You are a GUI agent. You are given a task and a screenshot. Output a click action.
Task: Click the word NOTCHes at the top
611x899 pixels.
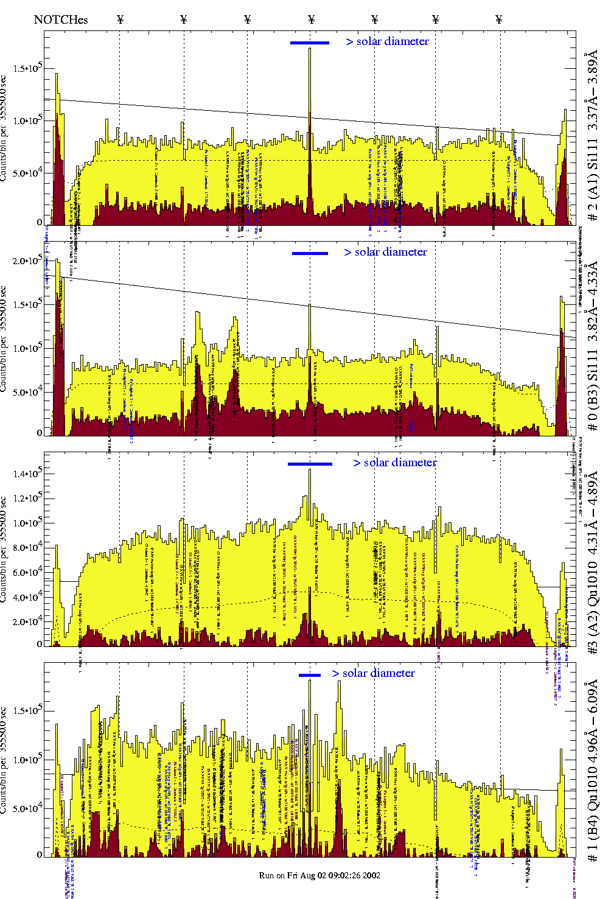61,19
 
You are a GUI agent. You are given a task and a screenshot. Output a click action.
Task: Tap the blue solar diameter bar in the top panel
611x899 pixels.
310,43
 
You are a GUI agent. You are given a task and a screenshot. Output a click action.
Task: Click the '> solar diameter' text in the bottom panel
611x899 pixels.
373,673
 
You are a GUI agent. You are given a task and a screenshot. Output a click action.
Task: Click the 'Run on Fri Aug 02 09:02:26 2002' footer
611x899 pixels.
319,875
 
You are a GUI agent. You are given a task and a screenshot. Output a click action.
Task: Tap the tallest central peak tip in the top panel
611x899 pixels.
310,49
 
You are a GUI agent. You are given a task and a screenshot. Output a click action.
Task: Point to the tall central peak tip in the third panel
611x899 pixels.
310,470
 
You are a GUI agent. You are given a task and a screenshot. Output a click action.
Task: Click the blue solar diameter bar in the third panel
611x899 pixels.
310,464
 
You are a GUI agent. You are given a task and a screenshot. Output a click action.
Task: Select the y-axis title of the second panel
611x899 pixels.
4,338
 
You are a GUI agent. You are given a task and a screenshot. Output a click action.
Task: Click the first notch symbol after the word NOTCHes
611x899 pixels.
120,19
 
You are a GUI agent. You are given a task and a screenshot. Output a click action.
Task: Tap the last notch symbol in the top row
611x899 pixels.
499,19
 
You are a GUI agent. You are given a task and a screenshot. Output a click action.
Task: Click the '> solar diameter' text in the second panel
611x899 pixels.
385,252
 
